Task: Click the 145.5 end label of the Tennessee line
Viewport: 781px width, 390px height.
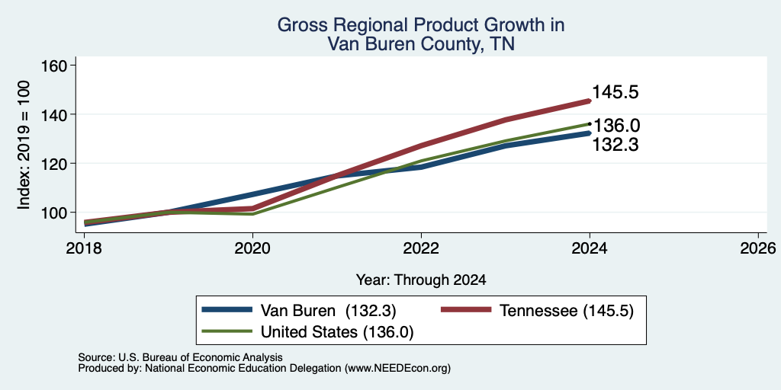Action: [615, 92]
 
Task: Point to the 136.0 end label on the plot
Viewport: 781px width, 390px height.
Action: [616, 126]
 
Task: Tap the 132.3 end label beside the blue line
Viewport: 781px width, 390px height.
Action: [615, 145]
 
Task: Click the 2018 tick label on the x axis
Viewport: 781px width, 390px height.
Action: [85, 248]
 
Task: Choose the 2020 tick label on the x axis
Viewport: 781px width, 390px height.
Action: [253, 248]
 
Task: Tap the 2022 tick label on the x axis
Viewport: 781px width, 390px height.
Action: [421, 248]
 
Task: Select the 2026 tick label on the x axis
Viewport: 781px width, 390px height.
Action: [758, 248]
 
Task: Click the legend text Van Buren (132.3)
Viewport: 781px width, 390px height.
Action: [328, 311]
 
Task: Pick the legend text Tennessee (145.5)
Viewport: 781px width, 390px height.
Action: [567, 311]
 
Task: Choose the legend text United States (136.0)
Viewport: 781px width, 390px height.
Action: [337, 332]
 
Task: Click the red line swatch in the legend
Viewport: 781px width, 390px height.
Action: [467, 310]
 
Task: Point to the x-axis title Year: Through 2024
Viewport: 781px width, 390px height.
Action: [421, 280]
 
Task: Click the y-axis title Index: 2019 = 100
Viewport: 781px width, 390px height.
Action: [24, 145]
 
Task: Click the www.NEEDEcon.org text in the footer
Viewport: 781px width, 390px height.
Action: [397, 369]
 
